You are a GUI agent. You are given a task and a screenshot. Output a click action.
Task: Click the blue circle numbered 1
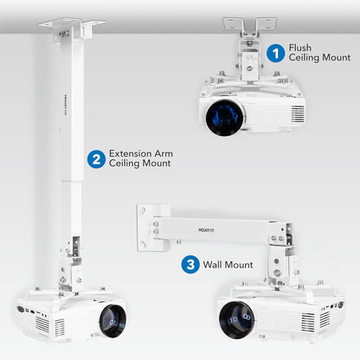pyautogui.click(x=276, y=53)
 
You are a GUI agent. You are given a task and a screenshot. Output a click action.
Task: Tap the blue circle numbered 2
pyautogui.click(x=95, y=157)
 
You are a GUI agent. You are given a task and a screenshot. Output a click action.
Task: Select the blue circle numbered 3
pyautogui.click(x=190, y=264)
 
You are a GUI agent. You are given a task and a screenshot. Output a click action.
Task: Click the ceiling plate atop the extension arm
pyautogui.click(x=71, y=25)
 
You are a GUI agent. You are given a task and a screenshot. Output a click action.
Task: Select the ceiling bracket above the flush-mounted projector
pyautogui.click(x=254, y=26)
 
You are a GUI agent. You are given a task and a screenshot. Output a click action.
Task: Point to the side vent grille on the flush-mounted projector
pyautogui.click(x=296, y=112)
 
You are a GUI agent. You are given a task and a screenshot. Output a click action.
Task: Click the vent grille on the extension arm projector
pyautogui.click(x=42, y=324)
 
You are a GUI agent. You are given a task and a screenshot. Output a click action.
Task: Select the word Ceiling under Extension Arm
pyautogui.click(x=125, y=164)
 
